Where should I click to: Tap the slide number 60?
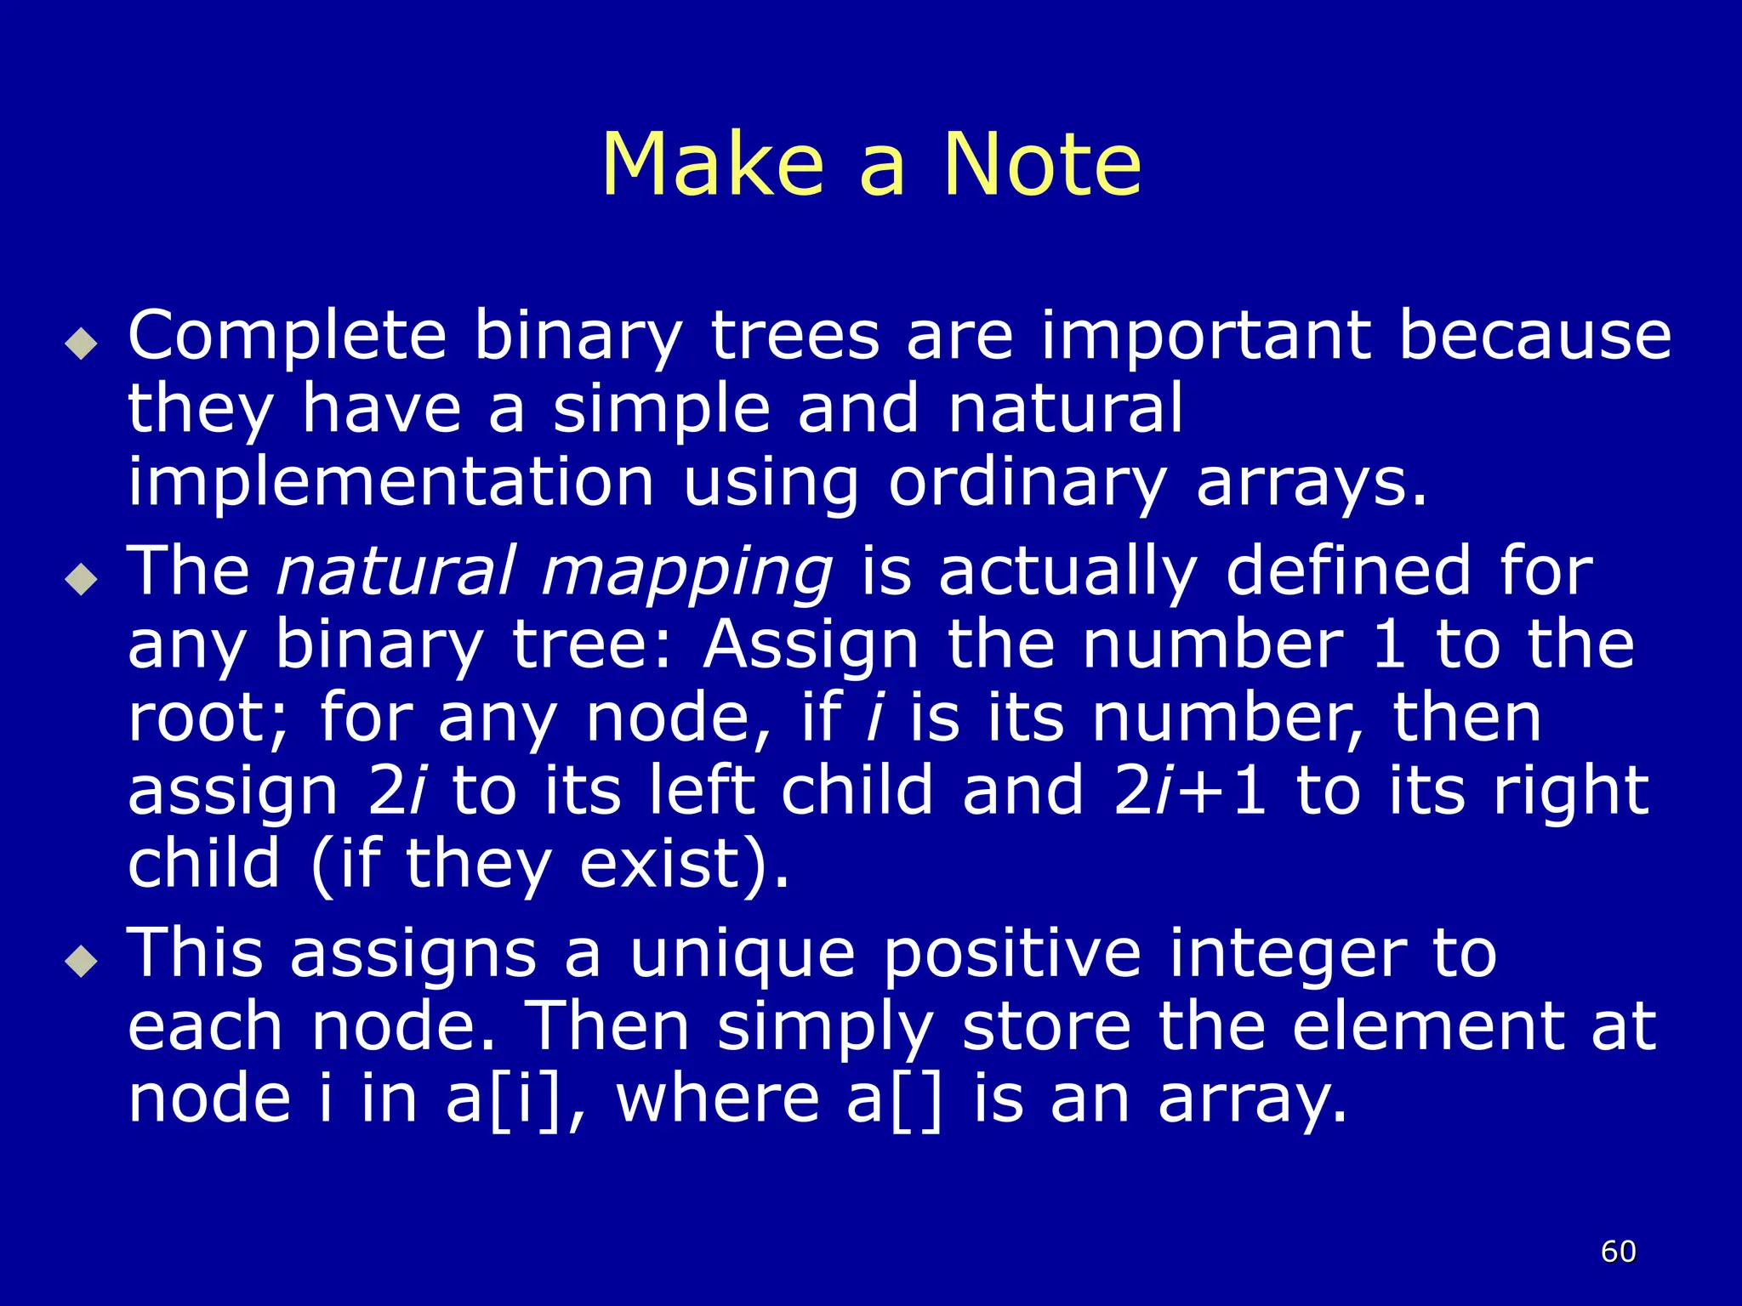pyautogui.click(x=1618, y=1252)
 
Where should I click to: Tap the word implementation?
pyautogui.click(x=390, y=483)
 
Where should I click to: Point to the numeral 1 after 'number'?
pyautogui.click(x=1388, y=644)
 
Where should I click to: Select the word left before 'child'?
pyautogui.click(x=701, y=791)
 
